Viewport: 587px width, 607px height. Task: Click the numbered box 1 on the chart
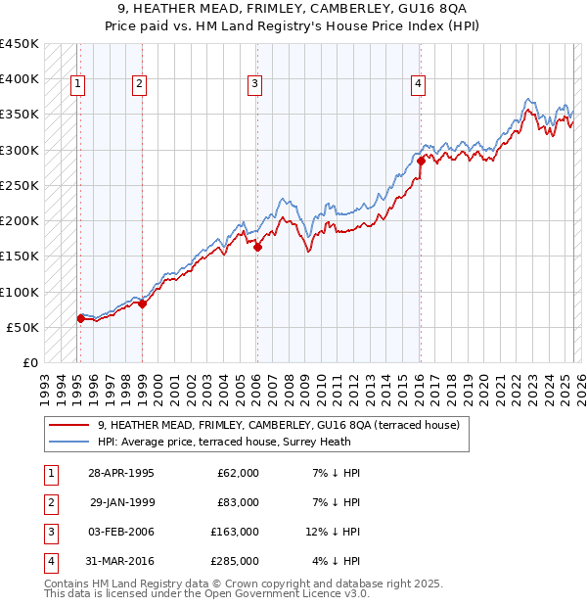point(77,84)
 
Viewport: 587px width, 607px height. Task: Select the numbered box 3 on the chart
point(254,84)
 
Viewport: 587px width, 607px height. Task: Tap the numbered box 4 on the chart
point(418,84)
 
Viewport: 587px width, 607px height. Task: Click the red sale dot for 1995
point(80,318)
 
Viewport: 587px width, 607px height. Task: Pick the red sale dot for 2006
point(257,247)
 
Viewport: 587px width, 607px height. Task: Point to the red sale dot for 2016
point(420,161)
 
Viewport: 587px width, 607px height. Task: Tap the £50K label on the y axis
point(23,327)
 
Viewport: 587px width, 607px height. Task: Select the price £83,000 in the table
point(238,502)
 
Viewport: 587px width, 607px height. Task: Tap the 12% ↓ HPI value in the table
point(333,532)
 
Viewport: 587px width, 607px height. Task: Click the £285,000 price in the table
point(234,561)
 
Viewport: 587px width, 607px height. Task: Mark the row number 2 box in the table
point(49,502)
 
